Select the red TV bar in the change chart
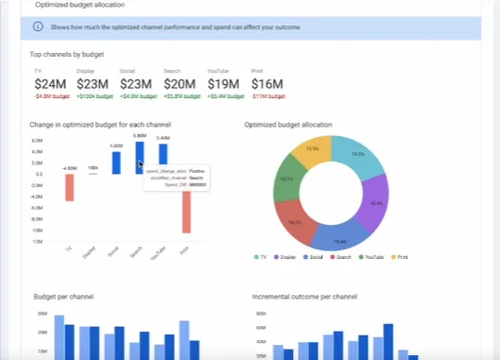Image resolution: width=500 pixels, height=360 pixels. coord(69,187)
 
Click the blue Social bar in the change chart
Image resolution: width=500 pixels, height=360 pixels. coord(116,163)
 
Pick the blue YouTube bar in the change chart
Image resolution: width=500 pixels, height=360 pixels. coord(164,155)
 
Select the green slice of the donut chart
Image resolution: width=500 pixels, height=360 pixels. coord(287,179)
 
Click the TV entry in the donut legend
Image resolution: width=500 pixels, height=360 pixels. coord(263,256)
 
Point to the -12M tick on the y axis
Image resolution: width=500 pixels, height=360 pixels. coord(37,242)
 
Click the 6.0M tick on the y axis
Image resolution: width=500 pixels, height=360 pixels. coord(37,141)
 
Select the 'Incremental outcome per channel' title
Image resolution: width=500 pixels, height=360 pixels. coord(304,297)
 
